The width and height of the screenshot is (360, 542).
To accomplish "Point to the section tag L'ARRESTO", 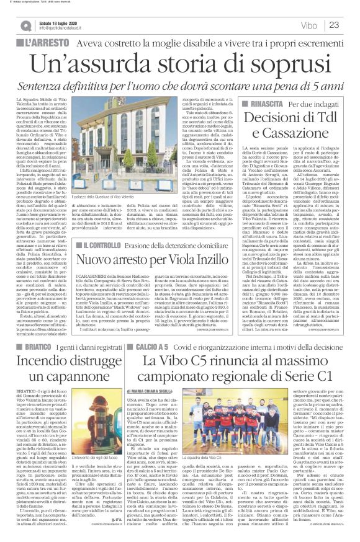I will [43, 44].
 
